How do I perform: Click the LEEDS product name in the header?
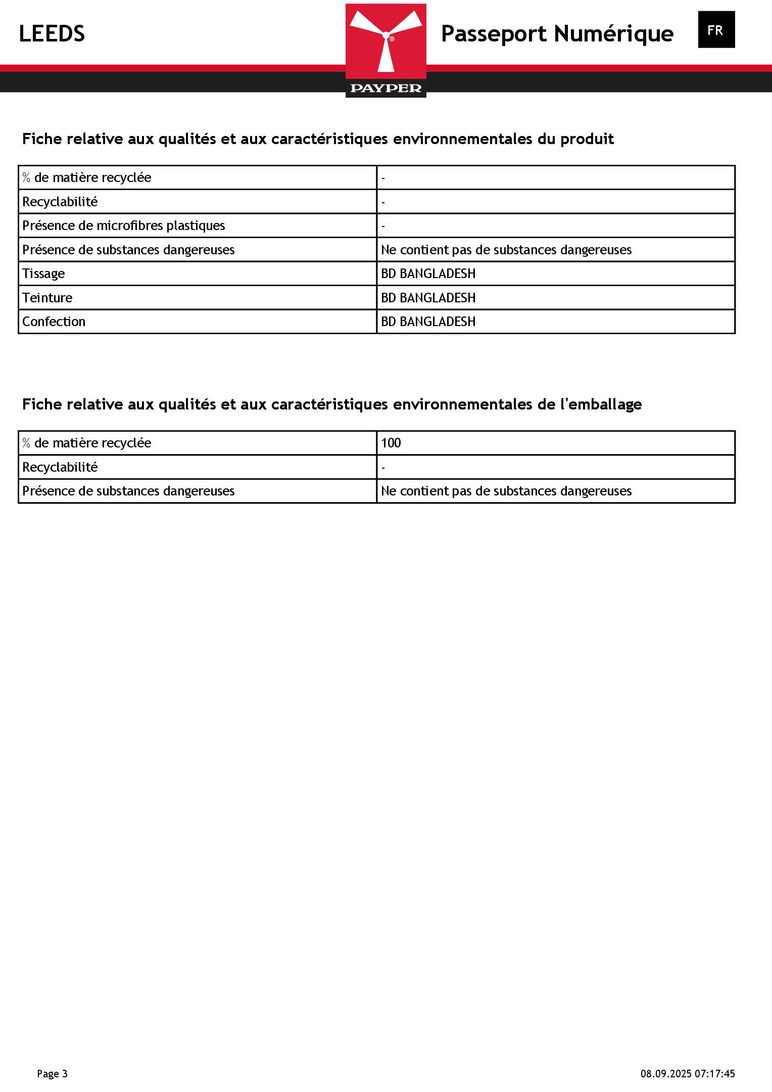(x=52, y=34)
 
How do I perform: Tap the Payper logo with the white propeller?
(x=386, y=50)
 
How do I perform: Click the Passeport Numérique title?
(x=557, y=34)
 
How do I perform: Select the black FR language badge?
(x=716, y=30)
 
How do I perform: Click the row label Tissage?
(x=43, y=274)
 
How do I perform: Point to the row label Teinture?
(x=47, y=298)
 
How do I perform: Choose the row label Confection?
(x=54, y=322)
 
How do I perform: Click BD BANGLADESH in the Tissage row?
(x=428, y=274)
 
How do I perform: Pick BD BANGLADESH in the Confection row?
(x=428, y=322)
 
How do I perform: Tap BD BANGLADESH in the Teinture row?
(x=428, y=298)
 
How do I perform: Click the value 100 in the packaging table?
(x=391, y=443)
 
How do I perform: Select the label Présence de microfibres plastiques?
(x=124, y=225)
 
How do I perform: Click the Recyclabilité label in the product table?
(x=60, y=202)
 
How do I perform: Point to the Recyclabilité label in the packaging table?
(x=60, y=467)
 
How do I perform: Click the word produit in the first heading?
(x=587, y=139)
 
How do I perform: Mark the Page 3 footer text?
(x=52, y=1073)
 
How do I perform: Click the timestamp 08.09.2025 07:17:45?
(x=688, y=1073)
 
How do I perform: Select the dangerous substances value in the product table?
(x=506, y=250)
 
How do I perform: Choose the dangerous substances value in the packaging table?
(x=506, y=491)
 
